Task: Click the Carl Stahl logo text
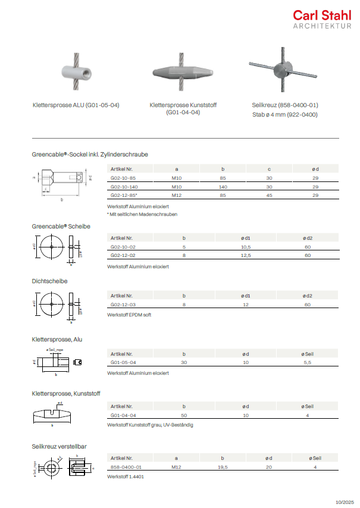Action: tap(321, 16)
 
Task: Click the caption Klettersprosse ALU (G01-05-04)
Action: tap(76, 105)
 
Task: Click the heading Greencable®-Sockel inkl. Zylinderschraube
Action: tap(90, 154)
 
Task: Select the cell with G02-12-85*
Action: tap(124, 195)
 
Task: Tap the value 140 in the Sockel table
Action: tap(223, 187)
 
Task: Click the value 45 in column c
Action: tap(269, 195)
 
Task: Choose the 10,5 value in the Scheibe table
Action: tap(245, 246)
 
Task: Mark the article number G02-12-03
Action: tap(123, 304)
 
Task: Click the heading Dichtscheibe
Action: tap(49, 280)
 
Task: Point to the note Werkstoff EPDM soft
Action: tap(129, 314)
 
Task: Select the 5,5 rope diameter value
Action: tap(308, 362)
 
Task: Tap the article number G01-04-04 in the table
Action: tap(123, 415)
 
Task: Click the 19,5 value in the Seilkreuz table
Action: tap(222, 467)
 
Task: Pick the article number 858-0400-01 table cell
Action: tap(126, 467)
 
